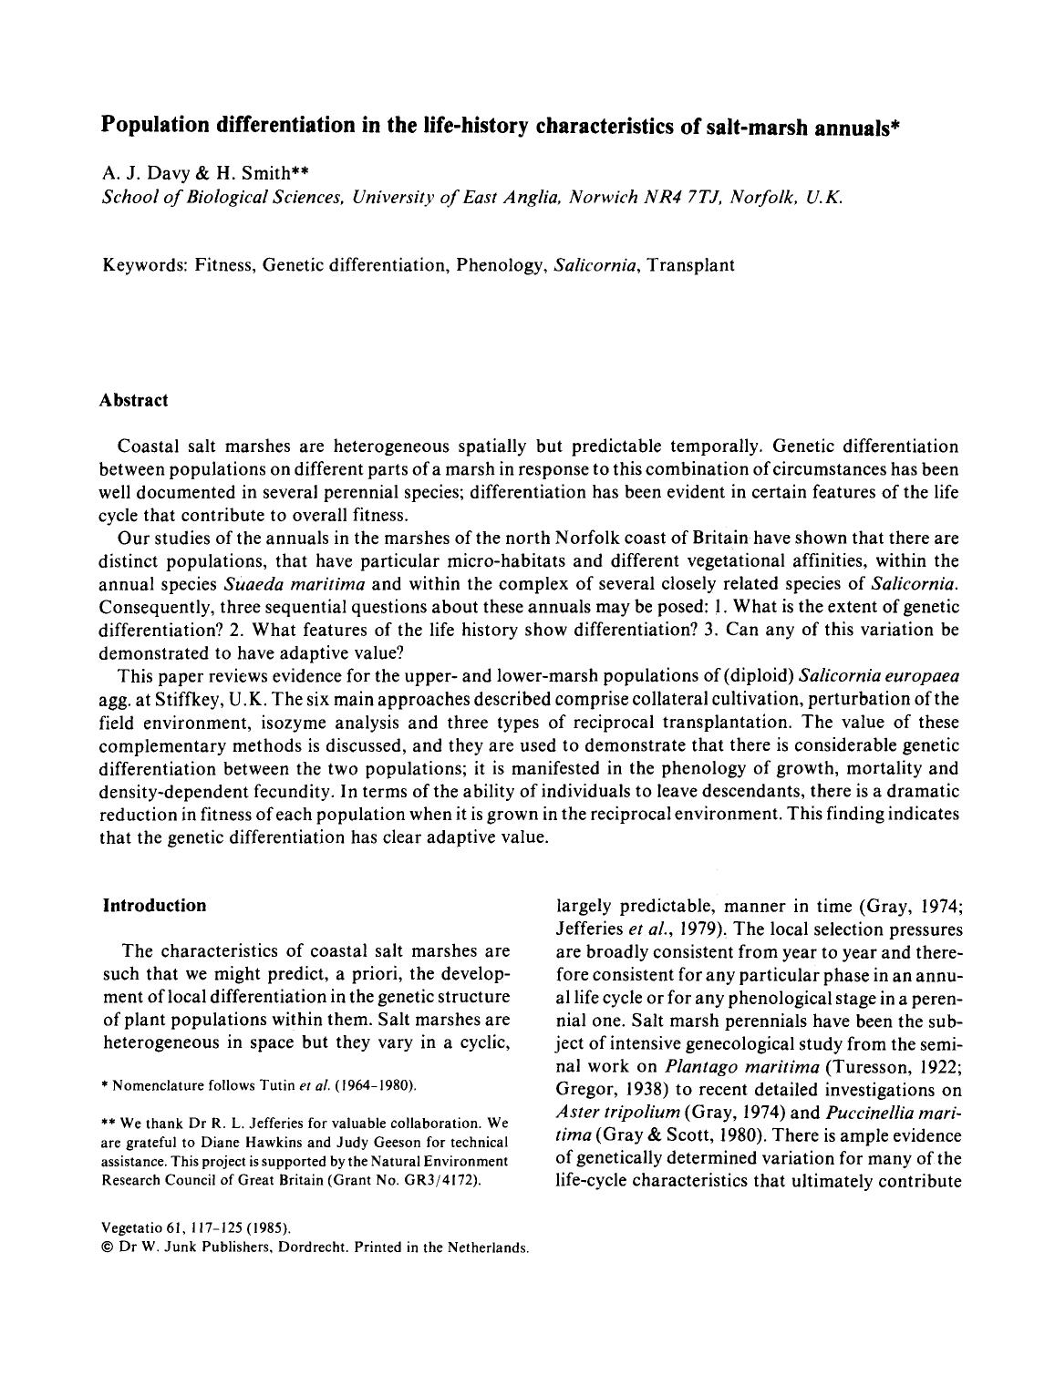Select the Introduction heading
(154, 905)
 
